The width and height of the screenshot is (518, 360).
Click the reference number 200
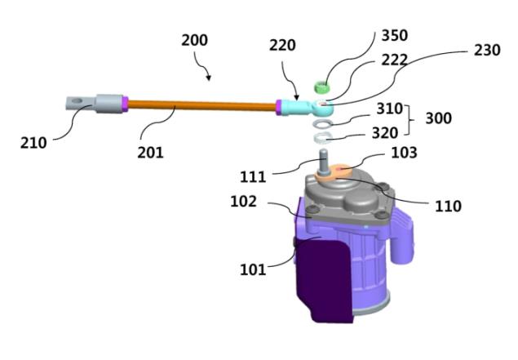pyautogui.click(x=195, y=40)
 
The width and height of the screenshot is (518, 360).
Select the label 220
pyautogui.click(x=282, y=45)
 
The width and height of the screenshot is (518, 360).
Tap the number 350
pyautogui.click(x=395, y=35)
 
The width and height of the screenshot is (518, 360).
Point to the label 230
pyautogui.click(x=487, y=51)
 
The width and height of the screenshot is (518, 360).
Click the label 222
pyautogui.click(x=395, y=60)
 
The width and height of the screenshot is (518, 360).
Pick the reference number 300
pyautogui.click(x=438, y=118)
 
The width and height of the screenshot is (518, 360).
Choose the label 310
pyautogui.click(x=389, y=109)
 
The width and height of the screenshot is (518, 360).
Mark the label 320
pyautogui.click(x=385, y=133)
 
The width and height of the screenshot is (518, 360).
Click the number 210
pyautogui.click(x=33, y=143)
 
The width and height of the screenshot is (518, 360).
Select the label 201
pyautogui.click(x=150, y=153)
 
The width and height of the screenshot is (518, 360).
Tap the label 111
pyautogui.click(x=253, y=177)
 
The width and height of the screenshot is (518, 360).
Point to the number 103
pyautogui.click(x=404, y=153)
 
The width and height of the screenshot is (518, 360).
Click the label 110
pyautogui.click(x=448, y=207)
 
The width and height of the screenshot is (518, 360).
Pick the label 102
pyautogui.click(x=243, y=202)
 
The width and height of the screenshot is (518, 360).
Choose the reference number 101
pyautogui.click(x=253, y=269)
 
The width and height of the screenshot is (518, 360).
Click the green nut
pyautogui.click(x=321, y=87)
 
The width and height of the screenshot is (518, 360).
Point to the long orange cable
pyautogui.click(x=201, y=105)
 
